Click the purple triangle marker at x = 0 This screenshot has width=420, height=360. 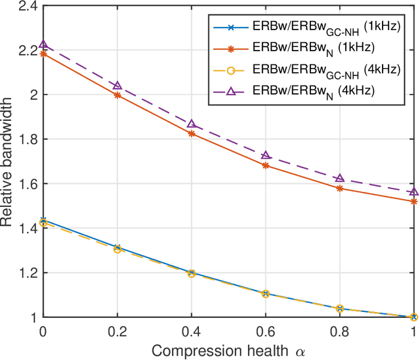coord(43,45)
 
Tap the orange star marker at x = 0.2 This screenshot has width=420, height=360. coord(117,95)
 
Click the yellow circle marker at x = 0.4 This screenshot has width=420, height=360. coord(192,273)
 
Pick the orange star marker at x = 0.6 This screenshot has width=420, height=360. coord(266,166)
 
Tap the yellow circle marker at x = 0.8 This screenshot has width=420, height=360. coord(340,308)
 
